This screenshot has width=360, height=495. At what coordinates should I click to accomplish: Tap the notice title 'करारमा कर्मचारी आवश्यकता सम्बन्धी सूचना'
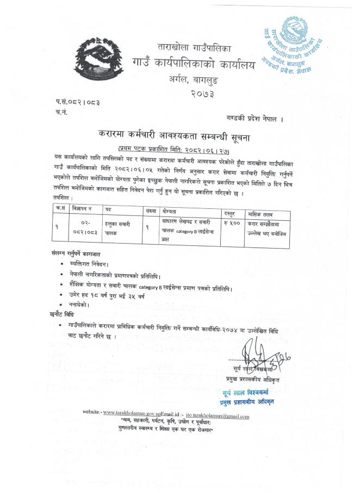point(188,134)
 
